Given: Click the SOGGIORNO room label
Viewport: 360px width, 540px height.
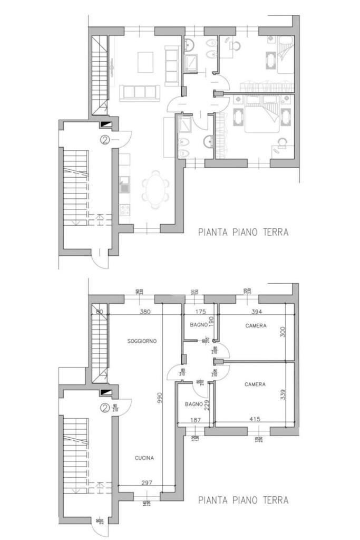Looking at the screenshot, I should click(142, 341).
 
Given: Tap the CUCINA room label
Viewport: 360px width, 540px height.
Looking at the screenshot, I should click(144, 458).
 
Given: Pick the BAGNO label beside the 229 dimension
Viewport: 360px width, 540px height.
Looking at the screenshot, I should click(193, 404).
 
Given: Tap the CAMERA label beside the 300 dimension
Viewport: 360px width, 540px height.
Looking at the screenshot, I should click(256, 326).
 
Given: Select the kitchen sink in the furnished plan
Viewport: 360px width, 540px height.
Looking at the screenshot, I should click(124, 186).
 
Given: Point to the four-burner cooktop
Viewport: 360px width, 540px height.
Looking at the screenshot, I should click(124, 210).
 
